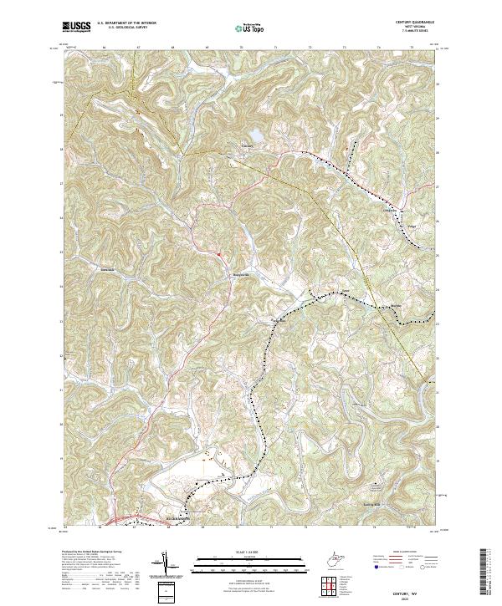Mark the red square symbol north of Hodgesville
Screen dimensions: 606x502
click(218, 254)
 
